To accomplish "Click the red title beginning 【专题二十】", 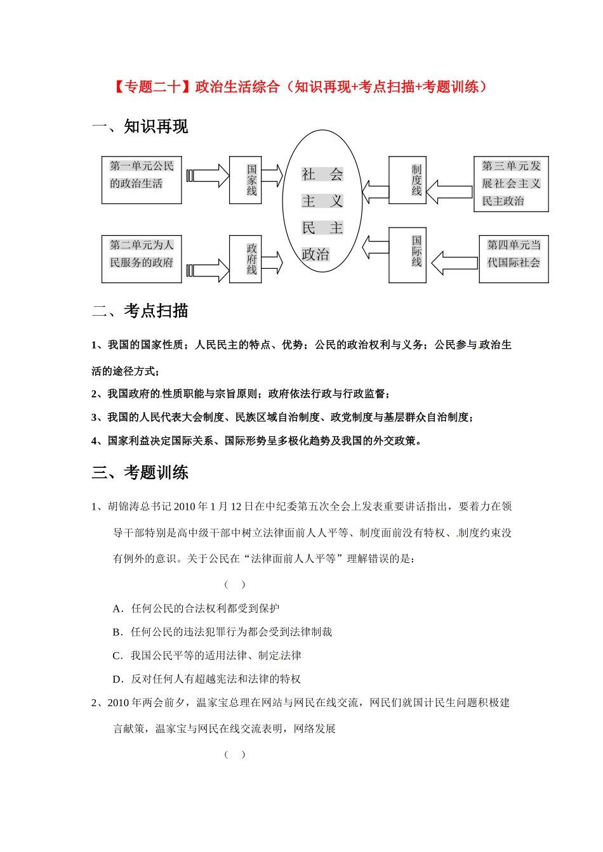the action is coord(301,87).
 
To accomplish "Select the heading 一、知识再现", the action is coord(140,127).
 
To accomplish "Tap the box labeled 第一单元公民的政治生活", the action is coord(142,180).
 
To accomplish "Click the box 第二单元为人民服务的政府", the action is coord(142,259).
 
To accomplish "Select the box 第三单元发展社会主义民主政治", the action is coord(511,184).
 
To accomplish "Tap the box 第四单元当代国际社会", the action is coord(514,259).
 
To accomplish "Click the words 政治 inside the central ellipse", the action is coord(315,255).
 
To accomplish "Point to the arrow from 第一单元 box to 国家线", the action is coord(208,176).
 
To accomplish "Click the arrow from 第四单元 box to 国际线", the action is coord(454,262).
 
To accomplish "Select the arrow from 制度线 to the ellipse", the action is coord(375,191).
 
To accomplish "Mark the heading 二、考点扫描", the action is coord(140,311).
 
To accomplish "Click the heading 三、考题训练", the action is coord(140,473).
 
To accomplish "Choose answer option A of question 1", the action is coord(197,609).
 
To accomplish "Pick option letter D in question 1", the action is coord(118,679).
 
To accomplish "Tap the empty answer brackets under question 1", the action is coord(235,584).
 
